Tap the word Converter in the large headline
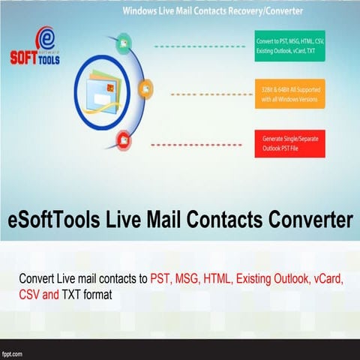[304, 220]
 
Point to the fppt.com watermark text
[13, 352]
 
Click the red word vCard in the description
[327, 280]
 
